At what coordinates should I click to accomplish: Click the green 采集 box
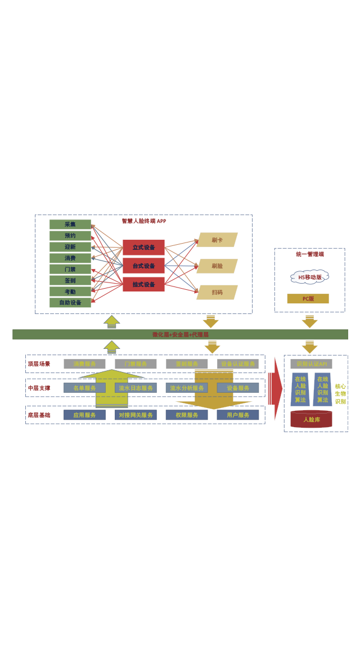(x=70, y=225)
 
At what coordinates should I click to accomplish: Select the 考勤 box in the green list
(x=70, y=291)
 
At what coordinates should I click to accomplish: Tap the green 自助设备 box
(x=70, y=303)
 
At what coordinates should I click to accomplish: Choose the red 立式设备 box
(x=143, y=248)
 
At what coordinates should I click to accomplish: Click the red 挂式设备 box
(x=143, y=284)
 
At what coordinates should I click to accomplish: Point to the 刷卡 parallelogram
(x=217, y=240)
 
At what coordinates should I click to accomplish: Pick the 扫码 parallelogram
(x=217, y=293)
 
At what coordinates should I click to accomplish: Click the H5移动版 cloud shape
(x=309, y=277)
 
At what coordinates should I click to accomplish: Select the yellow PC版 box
(x=308, y=299)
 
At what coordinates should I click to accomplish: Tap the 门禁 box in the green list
(x=70, y=269)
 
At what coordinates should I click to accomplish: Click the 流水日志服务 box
(x=136, y=388)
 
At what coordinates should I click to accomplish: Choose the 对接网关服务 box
(x=136, y=415)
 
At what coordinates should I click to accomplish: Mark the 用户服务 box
(x=238, y=415)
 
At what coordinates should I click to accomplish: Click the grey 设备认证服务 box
(x=238, y=364)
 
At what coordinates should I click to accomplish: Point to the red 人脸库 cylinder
(x=311, y=419)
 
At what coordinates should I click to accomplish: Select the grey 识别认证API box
(x=311, y=364)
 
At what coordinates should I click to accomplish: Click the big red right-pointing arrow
(x=275, y=388)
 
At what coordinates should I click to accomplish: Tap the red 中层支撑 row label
(x=39, y=388)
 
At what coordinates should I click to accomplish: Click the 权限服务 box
(x=187, y=415)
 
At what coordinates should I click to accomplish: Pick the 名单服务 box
(x=84, y=388)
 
